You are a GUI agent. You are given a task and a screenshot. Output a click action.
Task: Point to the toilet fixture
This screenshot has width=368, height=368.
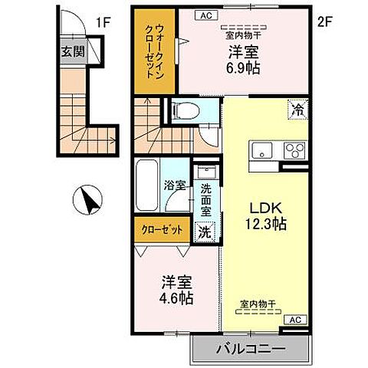(x=182, y=110)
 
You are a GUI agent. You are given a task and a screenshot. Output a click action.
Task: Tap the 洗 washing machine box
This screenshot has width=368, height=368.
(x=205, y=229)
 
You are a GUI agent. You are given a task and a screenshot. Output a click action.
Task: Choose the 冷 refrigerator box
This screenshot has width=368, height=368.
(x=295, y=110)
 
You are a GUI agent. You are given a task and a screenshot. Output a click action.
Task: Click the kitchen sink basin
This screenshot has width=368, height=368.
(x=258, y=149)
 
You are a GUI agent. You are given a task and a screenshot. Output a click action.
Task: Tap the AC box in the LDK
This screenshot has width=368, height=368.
(x=294, y=319)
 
